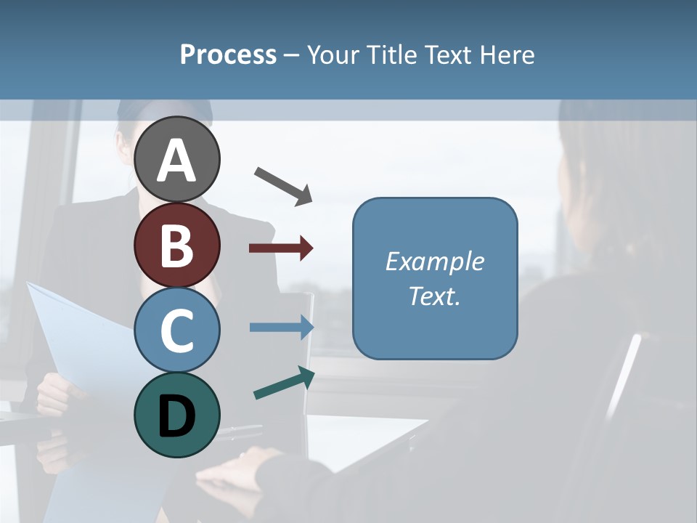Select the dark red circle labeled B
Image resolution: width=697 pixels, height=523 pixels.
(x=177, y=245)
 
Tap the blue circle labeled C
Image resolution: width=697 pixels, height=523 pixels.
(x=177, y=330)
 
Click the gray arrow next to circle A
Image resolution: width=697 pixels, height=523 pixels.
(x=283, y=185)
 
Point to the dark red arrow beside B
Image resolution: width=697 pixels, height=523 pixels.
(x=281, y=248)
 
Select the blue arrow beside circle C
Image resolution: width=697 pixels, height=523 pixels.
(x=282, y=327)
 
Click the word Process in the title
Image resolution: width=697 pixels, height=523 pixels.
(x=228, y=55)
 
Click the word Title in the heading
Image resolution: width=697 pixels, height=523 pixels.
(x=388, y=55)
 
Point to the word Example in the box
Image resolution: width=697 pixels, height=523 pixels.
(x=435, y=261)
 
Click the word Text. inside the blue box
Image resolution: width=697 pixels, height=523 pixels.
(x=435, y=296)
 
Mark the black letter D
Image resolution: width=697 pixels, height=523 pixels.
(x=177, y=416)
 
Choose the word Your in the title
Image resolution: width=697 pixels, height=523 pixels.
(x=332, y=55)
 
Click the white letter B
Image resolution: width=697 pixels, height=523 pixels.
(x=177, y=246)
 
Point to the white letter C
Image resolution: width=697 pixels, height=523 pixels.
(x=177, y=331)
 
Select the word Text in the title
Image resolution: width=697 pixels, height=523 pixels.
(x=449, y=55)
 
